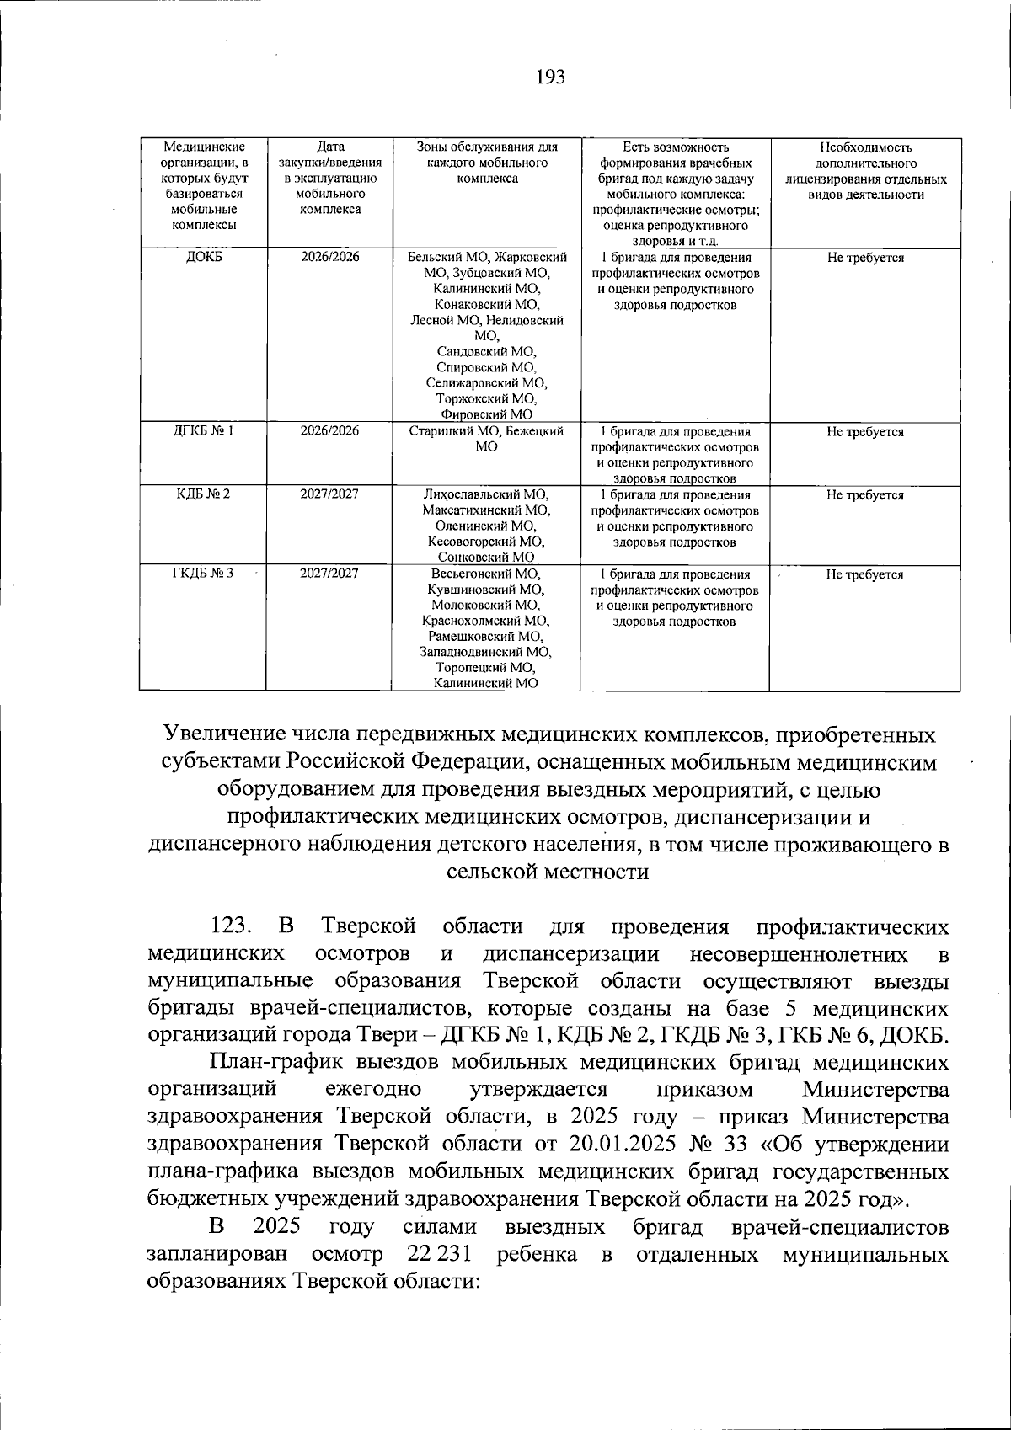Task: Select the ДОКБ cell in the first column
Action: click(203, 258)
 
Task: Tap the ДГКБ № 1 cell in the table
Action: click(203, 431)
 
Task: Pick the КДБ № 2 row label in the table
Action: click(203, 494)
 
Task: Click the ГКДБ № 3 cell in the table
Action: click(203, 574)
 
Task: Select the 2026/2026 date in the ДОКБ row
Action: click(329, 258)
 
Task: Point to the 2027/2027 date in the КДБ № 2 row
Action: click(329, 494)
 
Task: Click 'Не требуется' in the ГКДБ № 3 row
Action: click(864, 574)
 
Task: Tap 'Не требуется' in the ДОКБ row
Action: click(864, 258)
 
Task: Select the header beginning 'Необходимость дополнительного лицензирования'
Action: click(864, 171)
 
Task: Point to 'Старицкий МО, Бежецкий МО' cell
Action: click(486, 439)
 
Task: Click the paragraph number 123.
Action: click(230, 927)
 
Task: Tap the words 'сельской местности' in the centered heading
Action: click(548, 872)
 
